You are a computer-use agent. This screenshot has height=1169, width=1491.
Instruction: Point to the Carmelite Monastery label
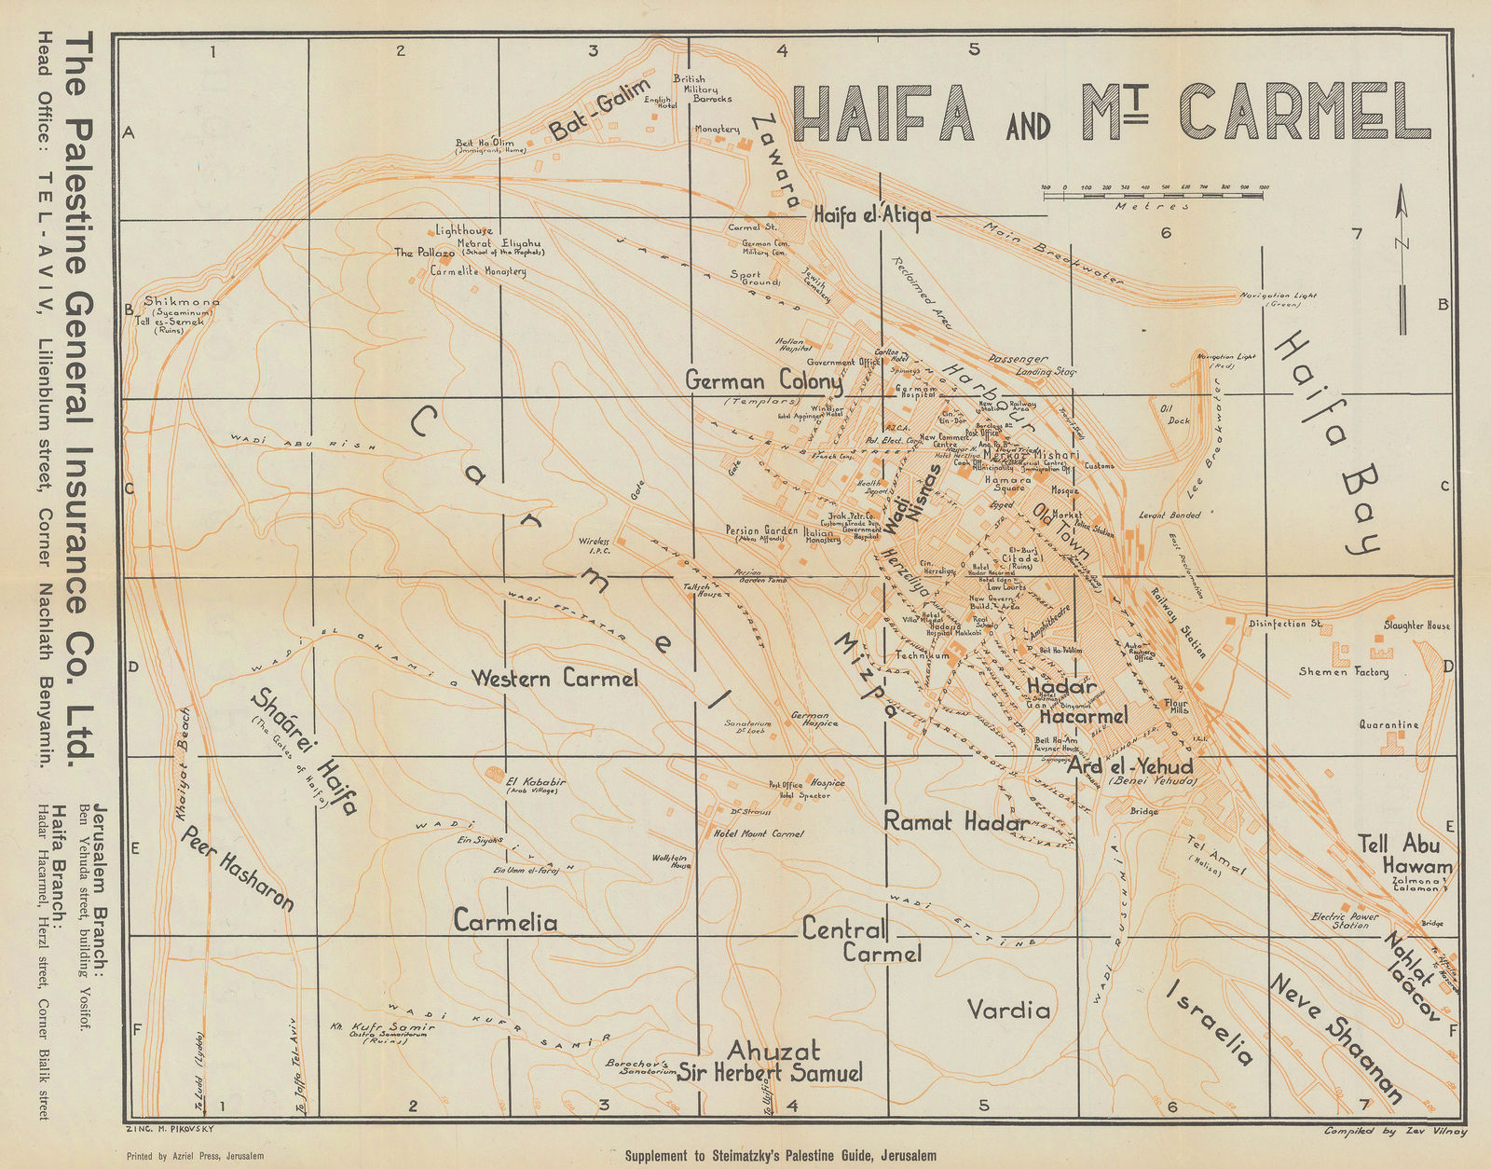pos(478,271)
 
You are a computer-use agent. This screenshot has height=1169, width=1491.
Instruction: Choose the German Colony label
pos(763,382)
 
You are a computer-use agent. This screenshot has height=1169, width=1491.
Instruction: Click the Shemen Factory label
pos(1344,671)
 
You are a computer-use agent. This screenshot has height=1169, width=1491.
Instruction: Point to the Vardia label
pos(1008,1010)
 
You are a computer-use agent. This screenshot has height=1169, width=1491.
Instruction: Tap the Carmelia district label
pos(505,922)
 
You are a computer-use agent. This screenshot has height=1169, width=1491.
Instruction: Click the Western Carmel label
pos(554,679)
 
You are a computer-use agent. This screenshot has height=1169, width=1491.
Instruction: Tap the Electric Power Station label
pos(1344,920)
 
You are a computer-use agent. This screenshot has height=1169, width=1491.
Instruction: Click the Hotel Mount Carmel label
pos(758,833)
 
